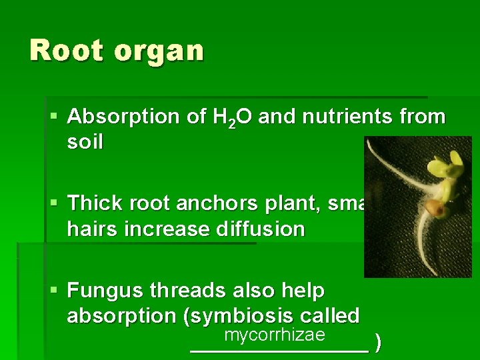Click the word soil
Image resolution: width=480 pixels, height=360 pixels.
point(85,143)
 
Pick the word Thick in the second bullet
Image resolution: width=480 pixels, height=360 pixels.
point(92,203)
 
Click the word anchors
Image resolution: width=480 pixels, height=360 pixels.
point(204,203)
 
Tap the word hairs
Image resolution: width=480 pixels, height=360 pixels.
point(90,229)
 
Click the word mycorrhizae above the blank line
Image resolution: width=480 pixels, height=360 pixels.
point(274,335)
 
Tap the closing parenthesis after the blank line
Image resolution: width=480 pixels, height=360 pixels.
point(379,343)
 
